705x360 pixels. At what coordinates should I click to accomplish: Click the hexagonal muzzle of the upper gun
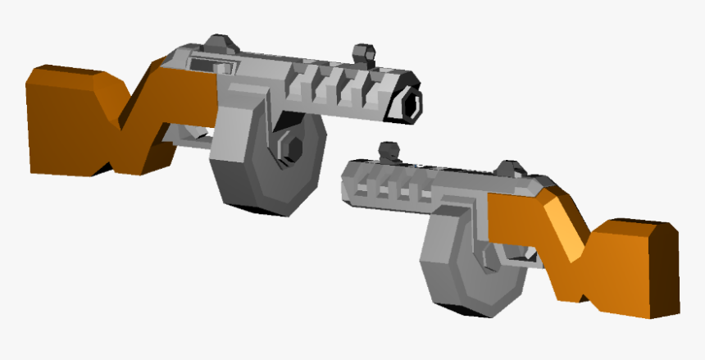click(x=410, y=104)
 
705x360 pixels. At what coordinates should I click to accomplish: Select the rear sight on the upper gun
click(x=219, y=44)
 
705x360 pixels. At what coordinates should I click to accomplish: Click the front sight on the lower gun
click(x=387, y=153)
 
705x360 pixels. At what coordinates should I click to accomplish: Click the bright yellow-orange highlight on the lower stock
click(x=566, y=221)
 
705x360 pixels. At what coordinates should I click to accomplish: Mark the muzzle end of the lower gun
click(x=348, y=180)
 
